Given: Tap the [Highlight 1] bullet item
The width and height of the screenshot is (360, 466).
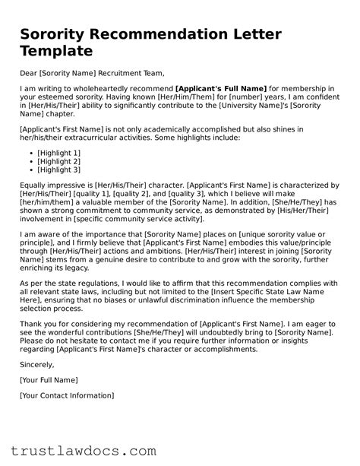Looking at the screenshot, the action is point(58,152).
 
